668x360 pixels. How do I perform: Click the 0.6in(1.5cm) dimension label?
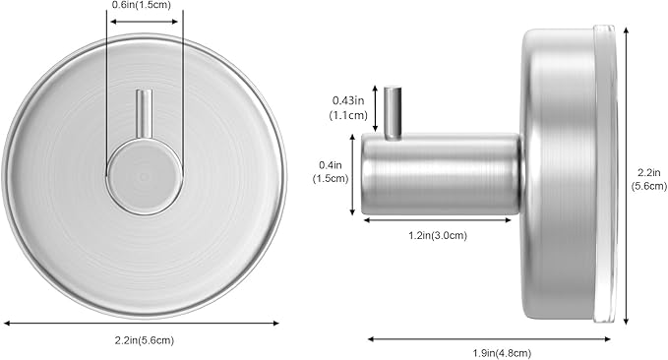pyautogui.click(x=141, y=5)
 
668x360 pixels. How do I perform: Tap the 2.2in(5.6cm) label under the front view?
pyautogui.click(x=145, y=340)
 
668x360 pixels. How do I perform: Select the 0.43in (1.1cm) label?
pyautogui.click(x=348, y=108)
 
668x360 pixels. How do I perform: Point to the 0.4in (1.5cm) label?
pyautogui.click(x=331, y=172)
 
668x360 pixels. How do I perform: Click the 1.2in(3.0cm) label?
pyautogui.click(x=438, y=235)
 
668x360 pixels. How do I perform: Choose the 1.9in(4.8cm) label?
pyautogui.click(x=502, y=353)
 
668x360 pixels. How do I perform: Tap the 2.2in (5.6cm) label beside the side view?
pyautogui.click(x=649, y=179)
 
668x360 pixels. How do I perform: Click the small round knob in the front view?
pyautogui.click(x=145, y=176)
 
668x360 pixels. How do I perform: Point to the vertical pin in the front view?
pyautogui.click(x=144, y=114)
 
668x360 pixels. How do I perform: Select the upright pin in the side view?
pyautogui.click(x=393, y=113)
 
